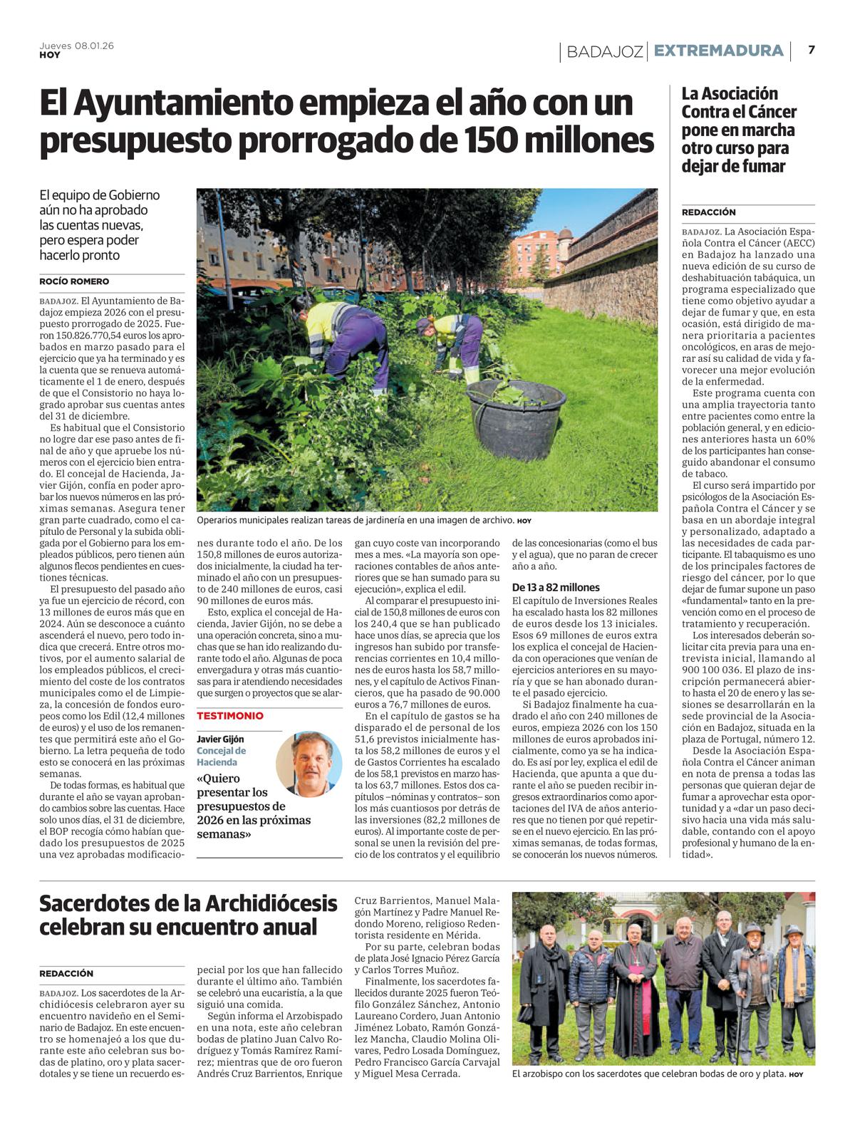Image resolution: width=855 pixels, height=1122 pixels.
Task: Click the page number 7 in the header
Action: pos(811,50)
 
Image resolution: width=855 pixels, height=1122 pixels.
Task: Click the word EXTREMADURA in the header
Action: pos(718,51)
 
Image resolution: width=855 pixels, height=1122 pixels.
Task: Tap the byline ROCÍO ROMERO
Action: pos(74,281)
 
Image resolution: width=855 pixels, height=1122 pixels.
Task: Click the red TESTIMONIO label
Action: pos(230,716)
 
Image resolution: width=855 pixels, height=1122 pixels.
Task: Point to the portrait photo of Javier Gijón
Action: pos(309,763)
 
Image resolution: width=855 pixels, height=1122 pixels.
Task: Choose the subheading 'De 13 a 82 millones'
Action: pos(556,588)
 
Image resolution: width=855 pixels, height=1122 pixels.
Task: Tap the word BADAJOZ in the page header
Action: pos(605,51)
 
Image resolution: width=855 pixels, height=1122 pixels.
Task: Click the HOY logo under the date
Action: pos(49,55)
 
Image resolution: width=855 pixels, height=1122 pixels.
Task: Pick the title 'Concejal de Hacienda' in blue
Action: pos(222,756)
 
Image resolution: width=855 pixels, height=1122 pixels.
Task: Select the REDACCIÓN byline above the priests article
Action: pos(66,973)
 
